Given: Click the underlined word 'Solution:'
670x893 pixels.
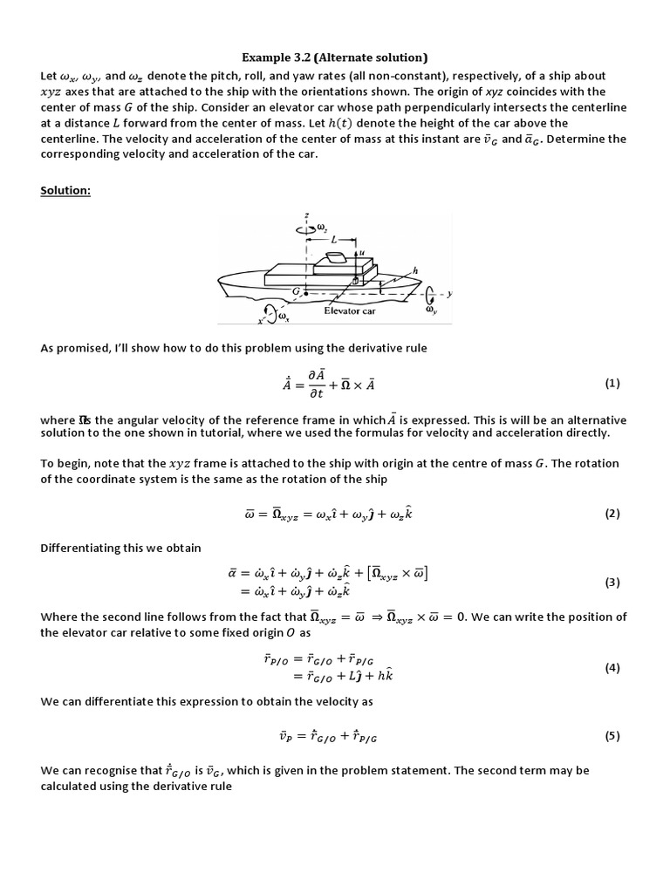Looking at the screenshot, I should [x=65, y=190].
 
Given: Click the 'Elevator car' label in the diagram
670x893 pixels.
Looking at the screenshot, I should [x=349, y=310].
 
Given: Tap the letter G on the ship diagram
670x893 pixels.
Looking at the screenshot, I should [x=297, y=290].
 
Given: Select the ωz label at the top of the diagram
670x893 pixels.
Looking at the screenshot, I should [x=322, y=227].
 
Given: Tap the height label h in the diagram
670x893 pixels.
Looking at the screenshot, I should [x=415, y=271].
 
